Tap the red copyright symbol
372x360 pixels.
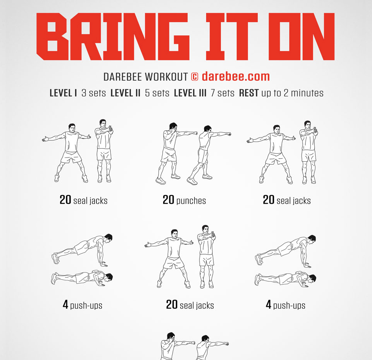click(195, 77)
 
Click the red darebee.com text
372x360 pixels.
click(236, 76)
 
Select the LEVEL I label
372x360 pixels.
click(63, 93)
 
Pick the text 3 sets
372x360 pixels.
click(93, 93)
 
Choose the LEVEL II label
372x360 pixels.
click(125, 93)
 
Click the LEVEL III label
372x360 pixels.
click(190, 93)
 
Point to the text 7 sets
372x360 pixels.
click(222, 93)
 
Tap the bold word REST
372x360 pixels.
click(249, 93)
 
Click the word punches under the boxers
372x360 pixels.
click(191, 201)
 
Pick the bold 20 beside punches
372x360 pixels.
click(168, 200)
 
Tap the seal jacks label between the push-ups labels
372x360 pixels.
click(197, 305)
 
